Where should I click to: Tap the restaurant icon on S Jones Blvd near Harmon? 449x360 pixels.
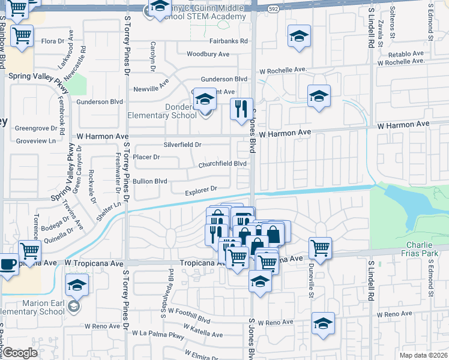242,109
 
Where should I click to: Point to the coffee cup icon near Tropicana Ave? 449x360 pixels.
8,265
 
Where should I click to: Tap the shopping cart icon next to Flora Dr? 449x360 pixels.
22,35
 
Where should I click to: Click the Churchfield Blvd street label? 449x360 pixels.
223,164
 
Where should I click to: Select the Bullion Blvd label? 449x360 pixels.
150,181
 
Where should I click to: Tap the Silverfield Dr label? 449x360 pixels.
182,145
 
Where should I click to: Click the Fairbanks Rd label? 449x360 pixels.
229,41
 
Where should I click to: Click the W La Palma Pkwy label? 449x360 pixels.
158,334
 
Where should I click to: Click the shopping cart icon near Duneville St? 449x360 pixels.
320,247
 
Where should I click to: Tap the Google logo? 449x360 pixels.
20,353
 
